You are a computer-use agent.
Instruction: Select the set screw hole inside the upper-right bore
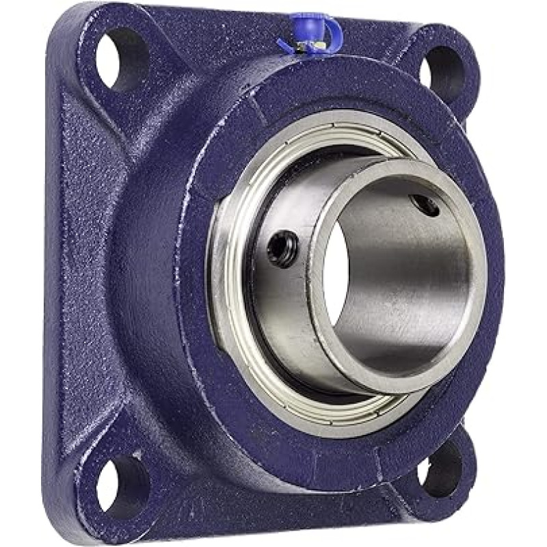click(428, 206)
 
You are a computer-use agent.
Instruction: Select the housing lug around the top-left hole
click(85, 75)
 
